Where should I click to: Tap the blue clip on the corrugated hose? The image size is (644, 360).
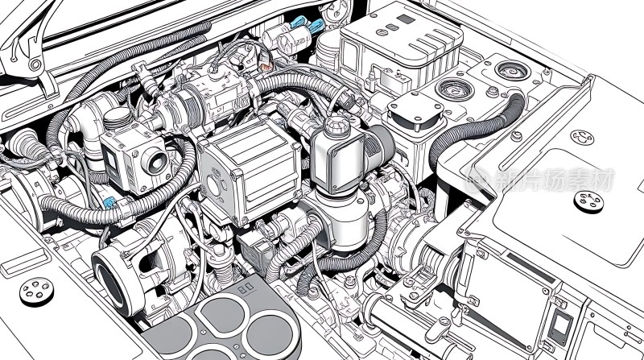[109, 203]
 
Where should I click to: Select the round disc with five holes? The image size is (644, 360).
[36, 292]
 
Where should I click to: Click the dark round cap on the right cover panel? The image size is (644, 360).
[588, 202]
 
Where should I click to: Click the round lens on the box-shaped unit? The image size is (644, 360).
[155, 161]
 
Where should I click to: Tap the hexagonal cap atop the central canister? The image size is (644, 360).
[336, 125]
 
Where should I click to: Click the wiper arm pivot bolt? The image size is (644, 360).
[35, 64]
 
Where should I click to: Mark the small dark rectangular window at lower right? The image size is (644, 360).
[560, 323]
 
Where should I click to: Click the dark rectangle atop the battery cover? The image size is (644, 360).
[406, 19]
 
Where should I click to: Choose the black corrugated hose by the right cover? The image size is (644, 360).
[477, 127]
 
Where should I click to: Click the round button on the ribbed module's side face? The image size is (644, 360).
[213, 185]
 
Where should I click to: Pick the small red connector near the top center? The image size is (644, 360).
[266, 67]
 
